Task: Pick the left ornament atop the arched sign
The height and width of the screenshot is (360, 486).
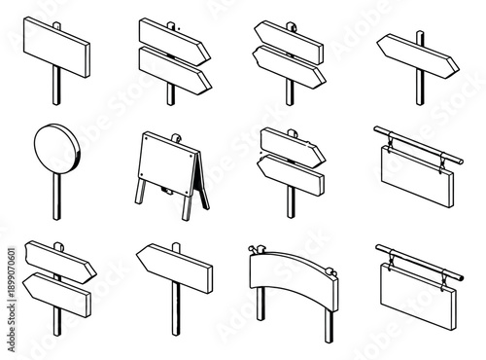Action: [256, 250]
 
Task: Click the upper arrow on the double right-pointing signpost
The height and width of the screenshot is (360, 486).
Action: [172, 38]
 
